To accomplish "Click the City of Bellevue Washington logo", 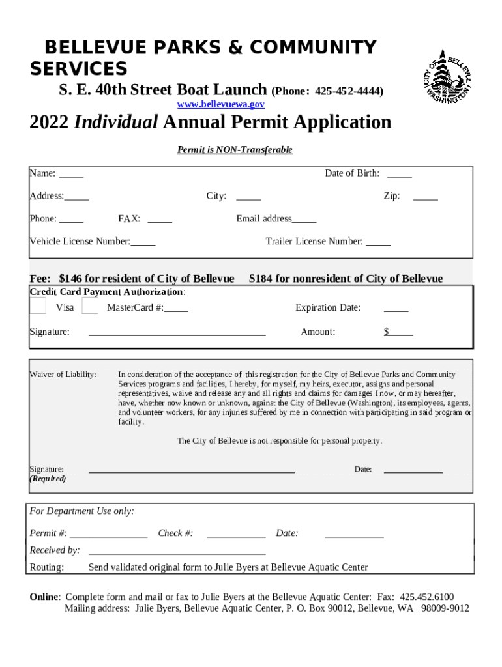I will point(447,76).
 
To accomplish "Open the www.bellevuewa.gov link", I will point(221,104).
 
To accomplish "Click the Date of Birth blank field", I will point(399,174).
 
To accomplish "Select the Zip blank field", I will point(425,197).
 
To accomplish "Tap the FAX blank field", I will point(160,220).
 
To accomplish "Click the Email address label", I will point(264,219).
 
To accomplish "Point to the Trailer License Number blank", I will point(378,242).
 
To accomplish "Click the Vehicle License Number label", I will point(80,242).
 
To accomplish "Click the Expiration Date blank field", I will point(396,308).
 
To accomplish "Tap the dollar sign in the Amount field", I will point(387,332).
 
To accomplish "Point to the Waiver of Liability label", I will point(63,375).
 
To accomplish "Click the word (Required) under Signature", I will point(48,479).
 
